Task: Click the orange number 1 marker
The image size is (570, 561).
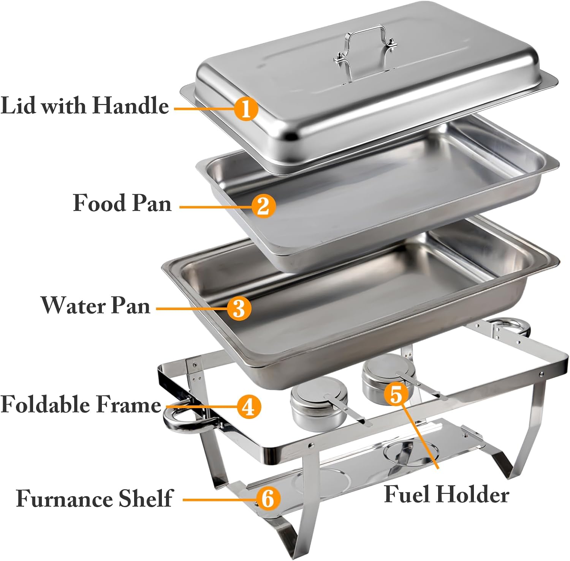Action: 246,109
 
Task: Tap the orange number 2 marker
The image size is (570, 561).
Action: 263,206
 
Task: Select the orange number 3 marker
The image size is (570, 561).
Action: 239,308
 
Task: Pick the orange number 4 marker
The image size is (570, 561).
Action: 249,407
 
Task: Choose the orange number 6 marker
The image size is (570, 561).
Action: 268,498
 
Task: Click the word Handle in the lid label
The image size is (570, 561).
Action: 130,105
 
